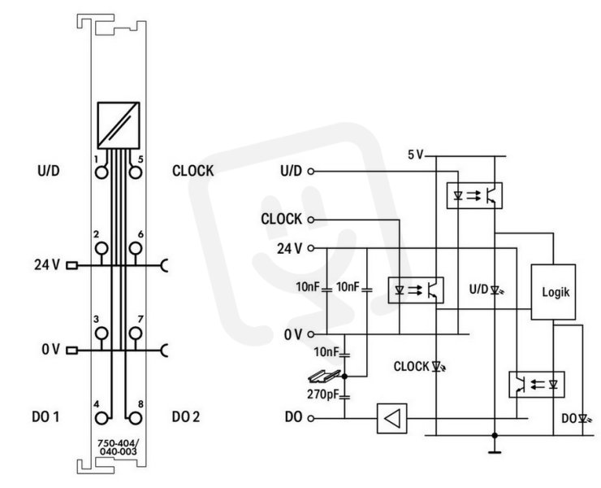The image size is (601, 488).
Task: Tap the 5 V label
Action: [415, 155]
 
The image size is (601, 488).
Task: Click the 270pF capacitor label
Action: [323, 394]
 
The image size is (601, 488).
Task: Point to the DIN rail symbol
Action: [324, 377]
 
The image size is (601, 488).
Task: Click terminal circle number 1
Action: [102, 172]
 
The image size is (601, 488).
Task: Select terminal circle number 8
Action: [135, 418]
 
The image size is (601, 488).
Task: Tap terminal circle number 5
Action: [136, 172]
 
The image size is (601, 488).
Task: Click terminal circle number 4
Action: [102, 418]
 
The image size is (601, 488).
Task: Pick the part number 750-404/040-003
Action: [118, 447]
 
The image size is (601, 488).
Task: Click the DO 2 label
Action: [186, 417]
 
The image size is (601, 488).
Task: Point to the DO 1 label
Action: [45, 417]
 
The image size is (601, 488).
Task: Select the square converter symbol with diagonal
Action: [119, 125]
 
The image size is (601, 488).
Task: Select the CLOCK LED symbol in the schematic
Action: [438, 367]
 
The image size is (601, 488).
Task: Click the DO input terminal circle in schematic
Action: [311, 418]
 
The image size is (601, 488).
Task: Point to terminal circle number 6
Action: [136, 248]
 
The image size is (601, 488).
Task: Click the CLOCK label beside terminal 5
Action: [192, 171]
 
